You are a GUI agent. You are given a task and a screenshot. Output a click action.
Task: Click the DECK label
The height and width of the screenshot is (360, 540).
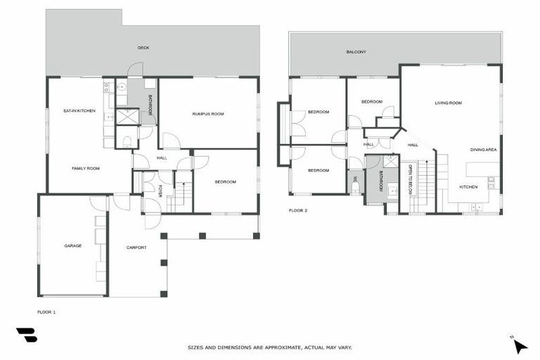click(x=143, y=48)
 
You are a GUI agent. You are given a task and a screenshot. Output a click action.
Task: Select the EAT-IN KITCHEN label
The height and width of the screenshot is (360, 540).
click(x=79, y=110)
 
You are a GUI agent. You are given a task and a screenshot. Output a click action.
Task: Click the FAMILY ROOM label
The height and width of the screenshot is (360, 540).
click(x=85, y=169)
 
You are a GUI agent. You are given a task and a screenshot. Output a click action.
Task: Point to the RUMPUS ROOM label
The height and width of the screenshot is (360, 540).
click(x=208, y=113)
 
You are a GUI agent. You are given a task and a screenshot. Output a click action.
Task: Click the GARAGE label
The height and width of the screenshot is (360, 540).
click(x=72, y=245)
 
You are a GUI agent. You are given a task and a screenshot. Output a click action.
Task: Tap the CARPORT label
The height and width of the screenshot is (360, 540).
click(x=136, y=247)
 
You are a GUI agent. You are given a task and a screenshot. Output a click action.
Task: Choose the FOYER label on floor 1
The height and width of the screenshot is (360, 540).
click(x=160, y=191)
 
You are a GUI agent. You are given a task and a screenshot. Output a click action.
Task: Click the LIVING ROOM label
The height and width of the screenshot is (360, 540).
click(x=448, y=103)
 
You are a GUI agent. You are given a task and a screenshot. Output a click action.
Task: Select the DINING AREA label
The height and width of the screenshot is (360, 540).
click(x=484, y=150)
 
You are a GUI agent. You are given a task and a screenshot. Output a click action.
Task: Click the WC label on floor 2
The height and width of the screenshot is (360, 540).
click(x=356, y=180)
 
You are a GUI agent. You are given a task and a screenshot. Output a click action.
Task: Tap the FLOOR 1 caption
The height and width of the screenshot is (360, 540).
click(x=46, y=311)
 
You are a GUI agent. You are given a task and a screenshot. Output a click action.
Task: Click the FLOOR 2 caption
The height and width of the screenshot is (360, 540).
click(x=298, y=210)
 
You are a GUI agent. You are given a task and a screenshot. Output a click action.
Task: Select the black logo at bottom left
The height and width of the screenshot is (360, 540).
click(x=27, y=335)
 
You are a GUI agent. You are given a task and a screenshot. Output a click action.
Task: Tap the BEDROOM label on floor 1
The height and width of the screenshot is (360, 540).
click(x=226, y=182)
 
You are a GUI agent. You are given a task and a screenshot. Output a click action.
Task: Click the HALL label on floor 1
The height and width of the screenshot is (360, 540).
click(x=162, y=158)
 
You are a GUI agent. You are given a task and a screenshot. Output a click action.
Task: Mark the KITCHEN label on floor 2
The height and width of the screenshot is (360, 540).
click(x=468, y=187)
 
